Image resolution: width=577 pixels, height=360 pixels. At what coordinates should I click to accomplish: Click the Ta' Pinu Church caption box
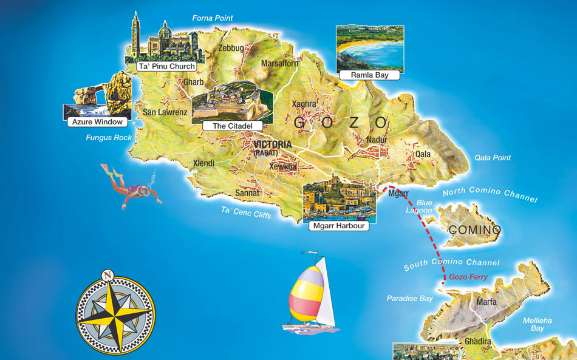(166, 66)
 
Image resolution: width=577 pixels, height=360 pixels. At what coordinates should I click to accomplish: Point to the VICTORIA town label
(273, 144)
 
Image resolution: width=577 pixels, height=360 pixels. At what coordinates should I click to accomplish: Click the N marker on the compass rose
(107, 274)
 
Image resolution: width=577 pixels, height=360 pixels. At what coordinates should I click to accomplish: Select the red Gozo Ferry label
(468, 277)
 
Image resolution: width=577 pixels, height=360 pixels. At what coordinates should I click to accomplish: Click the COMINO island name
(474, 230)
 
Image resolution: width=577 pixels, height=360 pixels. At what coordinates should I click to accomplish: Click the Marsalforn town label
(279, 63)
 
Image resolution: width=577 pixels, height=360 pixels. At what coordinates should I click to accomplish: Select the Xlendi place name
(204, 164)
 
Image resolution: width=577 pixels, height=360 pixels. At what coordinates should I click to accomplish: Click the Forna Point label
(213, 18)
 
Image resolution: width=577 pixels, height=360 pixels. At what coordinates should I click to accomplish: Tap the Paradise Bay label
(410, 299)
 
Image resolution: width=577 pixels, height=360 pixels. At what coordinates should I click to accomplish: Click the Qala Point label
(493, 158)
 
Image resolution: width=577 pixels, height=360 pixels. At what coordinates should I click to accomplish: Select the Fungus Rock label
(109, 138)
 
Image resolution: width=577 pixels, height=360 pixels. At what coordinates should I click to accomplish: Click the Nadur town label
(377, 140)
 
